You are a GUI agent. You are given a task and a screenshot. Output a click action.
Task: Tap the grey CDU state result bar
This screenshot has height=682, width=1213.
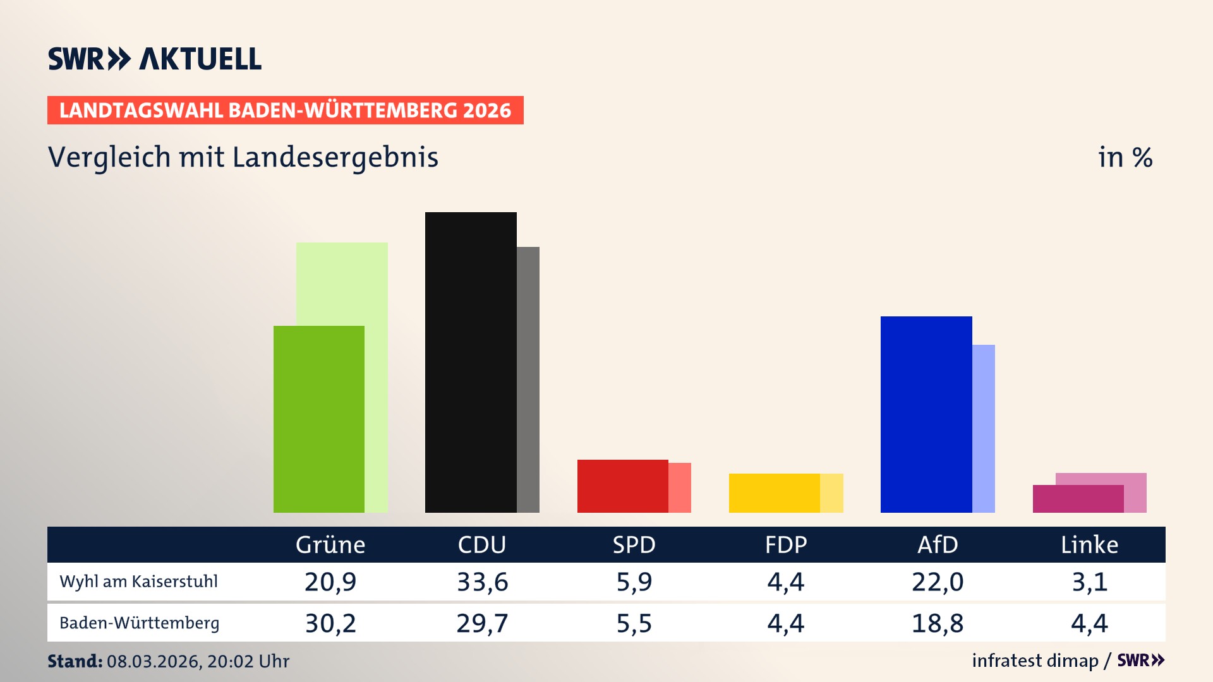(528, 379)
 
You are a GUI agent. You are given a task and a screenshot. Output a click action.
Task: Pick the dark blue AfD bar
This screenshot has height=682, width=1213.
(926, 414)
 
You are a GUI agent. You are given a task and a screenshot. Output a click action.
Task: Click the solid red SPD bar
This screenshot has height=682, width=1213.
(622, 486)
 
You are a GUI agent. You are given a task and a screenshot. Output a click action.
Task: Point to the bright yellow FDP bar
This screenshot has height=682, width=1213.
(774, 493)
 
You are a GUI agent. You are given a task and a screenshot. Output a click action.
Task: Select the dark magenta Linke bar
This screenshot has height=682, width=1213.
(1078, 498)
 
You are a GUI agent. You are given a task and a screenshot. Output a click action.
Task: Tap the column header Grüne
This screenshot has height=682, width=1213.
(330, 544)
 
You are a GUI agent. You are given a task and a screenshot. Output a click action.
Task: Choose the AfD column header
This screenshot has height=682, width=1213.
(938, 544)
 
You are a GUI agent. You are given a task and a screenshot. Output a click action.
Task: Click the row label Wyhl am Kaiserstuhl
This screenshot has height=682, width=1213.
(138, 582)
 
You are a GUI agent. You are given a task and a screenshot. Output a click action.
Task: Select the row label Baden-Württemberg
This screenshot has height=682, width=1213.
(139, 623)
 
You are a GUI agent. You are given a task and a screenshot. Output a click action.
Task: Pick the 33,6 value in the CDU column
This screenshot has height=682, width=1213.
(482, 582)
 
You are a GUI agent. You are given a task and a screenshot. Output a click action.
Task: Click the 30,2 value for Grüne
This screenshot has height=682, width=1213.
(330, 623)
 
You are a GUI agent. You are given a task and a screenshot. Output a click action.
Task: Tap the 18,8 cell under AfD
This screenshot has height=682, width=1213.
(938, 623)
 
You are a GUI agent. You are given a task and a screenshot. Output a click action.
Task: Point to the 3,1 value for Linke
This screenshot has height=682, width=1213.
(1090, 582)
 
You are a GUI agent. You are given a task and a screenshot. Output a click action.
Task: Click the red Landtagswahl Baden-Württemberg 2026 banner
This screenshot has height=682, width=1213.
(285, 110)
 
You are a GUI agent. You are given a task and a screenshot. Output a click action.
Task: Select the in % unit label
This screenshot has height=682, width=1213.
(1125, 157)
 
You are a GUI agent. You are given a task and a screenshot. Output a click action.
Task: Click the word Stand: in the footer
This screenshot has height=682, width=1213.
(75, 661)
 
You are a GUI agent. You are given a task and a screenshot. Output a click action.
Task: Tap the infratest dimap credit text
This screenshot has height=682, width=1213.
(1035, 661)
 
